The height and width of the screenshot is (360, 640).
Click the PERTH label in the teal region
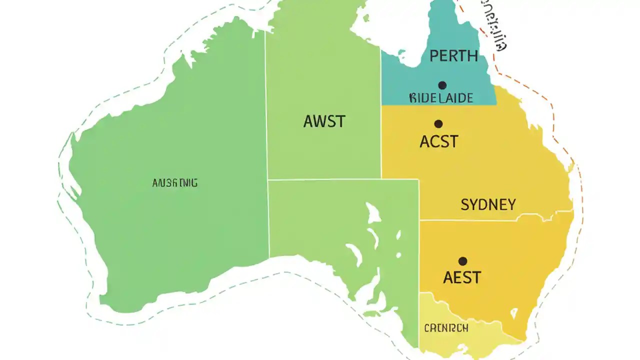tap(453, 56)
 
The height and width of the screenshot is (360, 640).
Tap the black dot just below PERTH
tap(442, 85)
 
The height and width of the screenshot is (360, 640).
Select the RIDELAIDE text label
tap(440, 97)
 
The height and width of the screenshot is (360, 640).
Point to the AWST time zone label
tap(324, 121)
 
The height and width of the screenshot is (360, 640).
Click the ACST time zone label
tap(438, 142)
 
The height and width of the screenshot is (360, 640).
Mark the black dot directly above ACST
tap(438, 124)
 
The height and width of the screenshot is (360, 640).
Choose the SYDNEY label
tap(488, 204)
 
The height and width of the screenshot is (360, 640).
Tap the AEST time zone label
tap(462, 277)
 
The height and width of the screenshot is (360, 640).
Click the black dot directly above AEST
tap(462, 261)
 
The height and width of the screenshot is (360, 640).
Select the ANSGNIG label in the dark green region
tap(174, 183)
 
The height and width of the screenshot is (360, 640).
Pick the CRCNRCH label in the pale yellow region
tap(446, 328)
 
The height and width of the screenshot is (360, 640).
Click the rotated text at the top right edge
tap(494, 25)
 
